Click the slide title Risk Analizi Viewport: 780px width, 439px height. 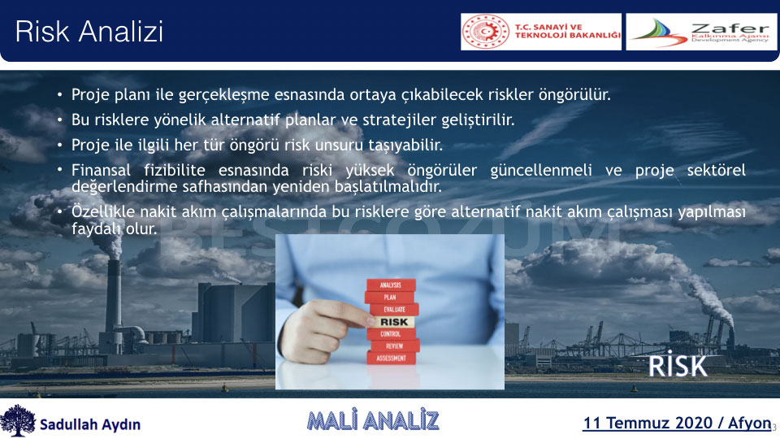(x=89, y=32)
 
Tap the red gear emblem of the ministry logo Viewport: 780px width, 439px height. (x=486, y=32)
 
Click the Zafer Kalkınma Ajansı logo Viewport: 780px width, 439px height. (x=701, y=32)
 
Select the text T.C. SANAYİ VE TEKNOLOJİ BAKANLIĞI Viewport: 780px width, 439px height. (x=568, y=32)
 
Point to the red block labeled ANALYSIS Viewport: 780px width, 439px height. (x=391, y=285)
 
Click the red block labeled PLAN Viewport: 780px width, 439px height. (x=389, y=298)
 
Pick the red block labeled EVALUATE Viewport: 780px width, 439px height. (x=394, y=309)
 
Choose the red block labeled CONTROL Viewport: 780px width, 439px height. (x=391, y=333)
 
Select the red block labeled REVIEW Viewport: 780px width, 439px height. (x=395, y=346)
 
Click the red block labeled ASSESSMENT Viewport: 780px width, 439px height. (x=391, y=359)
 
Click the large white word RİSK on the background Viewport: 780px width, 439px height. (x=677, y=365)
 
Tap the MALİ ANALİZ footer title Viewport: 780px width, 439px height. (x=373, y=420)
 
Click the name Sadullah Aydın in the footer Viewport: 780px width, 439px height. (x=90, y=424)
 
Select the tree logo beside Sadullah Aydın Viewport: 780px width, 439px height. (x=18, y=420)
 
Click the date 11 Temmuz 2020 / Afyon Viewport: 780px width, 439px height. (x=677, y=423)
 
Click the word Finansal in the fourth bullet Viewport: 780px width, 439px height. (x=101, y=170)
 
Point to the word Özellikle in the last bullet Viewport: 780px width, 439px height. (x=103, y=211)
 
